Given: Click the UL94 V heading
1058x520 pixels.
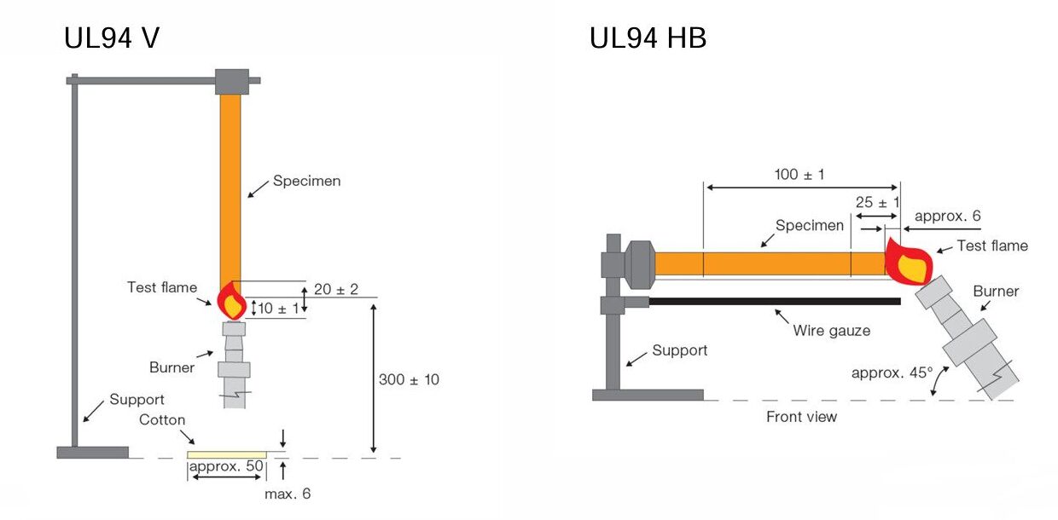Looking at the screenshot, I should (112, 38).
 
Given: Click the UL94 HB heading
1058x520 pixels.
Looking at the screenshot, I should (648, 38).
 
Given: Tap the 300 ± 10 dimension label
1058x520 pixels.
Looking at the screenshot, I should (409, 379).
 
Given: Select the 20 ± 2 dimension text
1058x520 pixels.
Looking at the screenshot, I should (337, 290).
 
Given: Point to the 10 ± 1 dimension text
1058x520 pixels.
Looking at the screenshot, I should (279, 309).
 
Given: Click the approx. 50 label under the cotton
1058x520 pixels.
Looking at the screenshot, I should (227, 466).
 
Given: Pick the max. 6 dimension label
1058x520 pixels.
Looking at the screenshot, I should (288, 494).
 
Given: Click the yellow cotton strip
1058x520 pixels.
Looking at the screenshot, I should (227, 454).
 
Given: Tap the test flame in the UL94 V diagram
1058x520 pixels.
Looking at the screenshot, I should (231, 302).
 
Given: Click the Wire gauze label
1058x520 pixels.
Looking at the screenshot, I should (831, 330).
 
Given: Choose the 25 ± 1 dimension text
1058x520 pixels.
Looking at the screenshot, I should (877, 202).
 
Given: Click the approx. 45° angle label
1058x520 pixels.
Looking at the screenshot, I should (892, 373).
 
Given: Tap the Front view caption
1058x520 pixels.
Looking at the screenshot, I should (801, 417).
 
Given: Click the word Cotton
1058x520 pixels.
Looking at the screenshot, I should (162, 420).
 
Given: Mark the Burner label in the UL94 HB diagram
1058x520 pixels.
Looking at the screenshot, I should (996, 291).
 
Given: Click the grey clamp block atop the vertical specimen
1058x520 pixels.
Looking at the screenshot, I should (231, 81).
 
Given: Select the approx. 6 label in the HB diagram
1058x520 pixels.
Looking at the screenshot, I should (947, 216).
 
